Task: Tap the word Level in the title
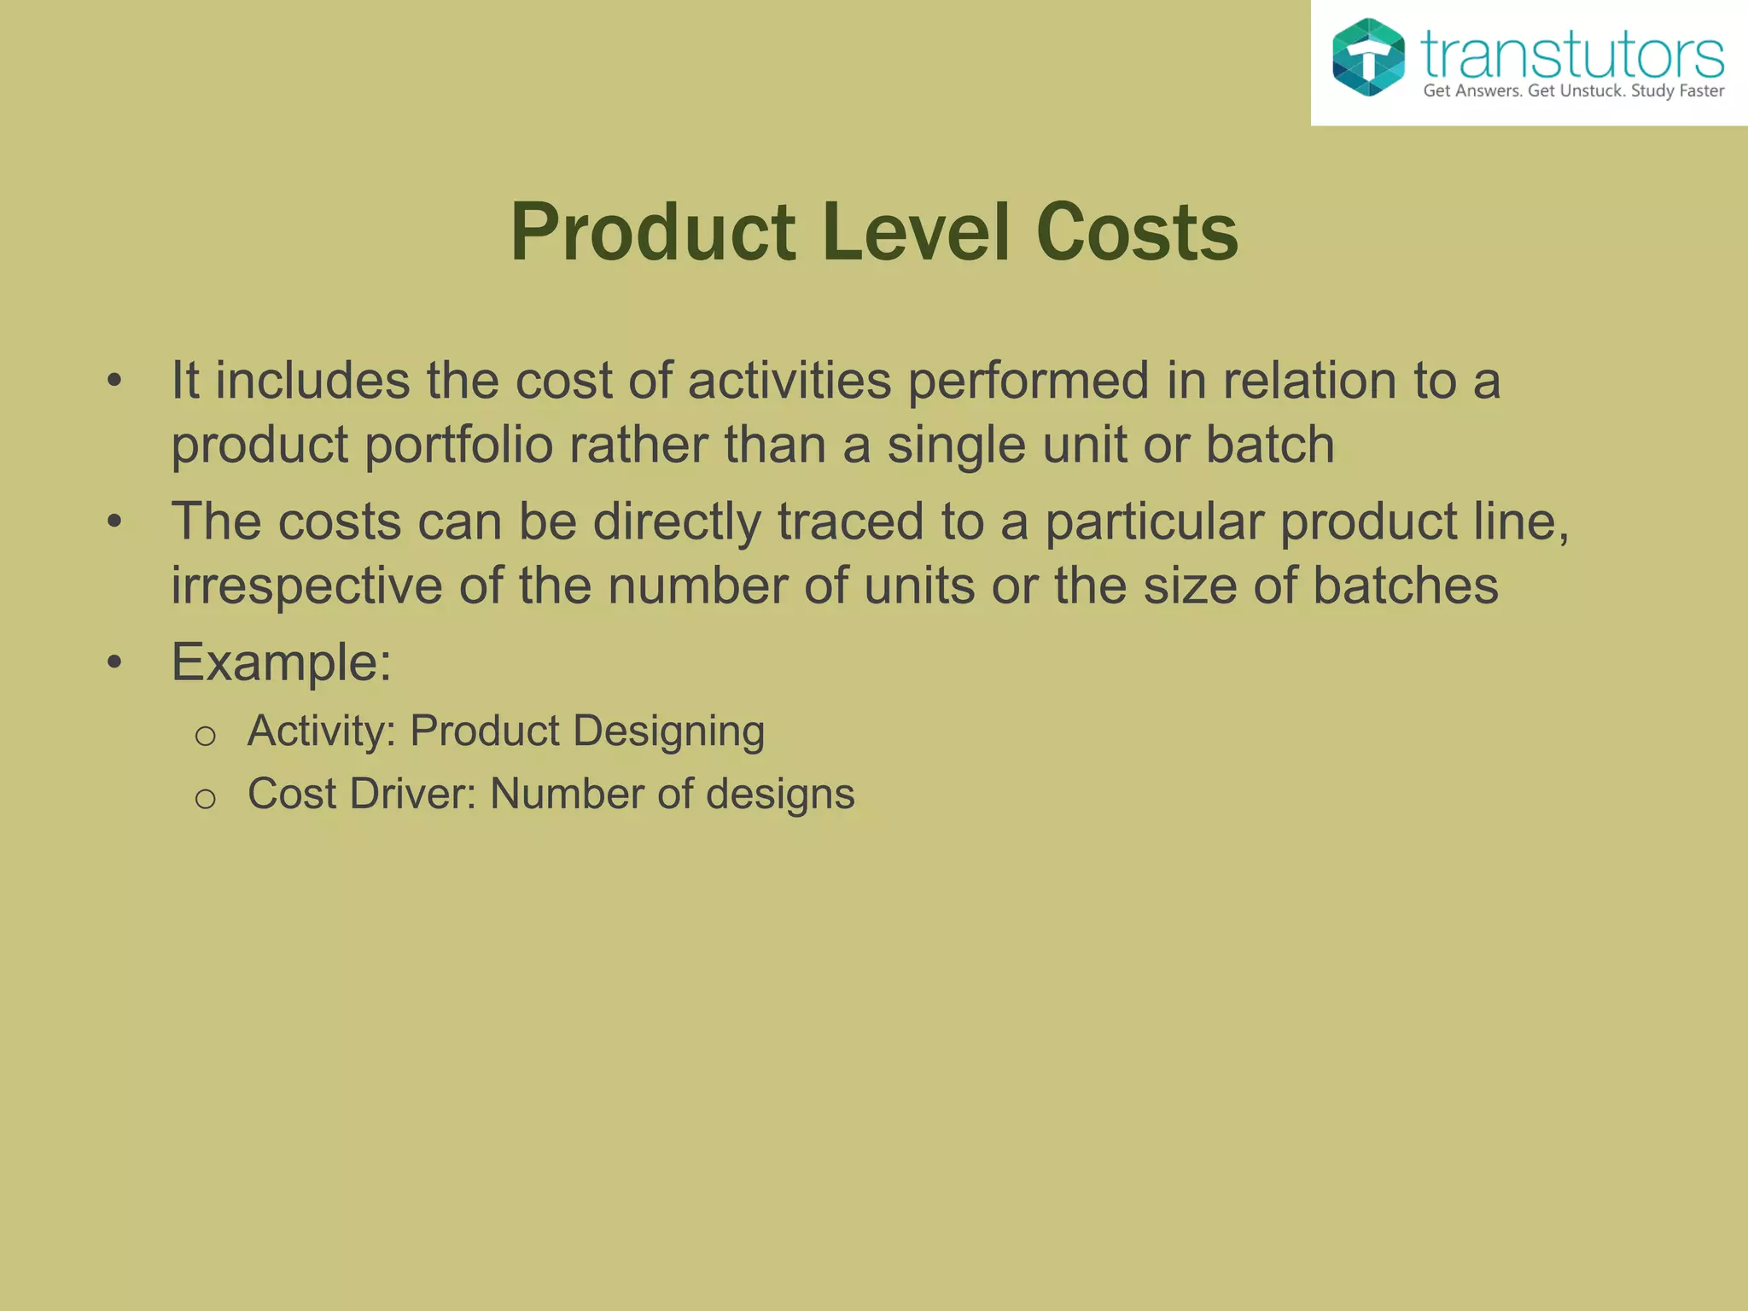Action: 917,233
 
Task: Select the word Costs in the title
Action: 1137,233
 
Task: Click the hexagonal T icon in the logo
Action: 1368,57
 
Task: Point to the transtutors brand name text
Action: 1572,55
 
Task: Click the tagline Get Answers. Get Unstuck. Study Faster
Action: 1573,91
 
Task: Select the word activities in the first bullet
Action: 790,381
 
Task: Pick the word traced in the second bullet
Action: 850,521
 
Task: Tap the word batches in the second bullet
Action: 1405,586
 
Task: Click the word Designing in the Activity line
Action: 668,731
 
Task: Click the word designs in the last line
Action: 780,795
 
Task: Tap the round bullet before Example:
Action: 115,662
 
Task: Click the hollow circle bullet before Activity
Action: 205,736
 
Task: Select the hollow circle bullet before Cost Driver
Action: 205,799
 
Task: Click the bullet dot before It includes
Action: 115,382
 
